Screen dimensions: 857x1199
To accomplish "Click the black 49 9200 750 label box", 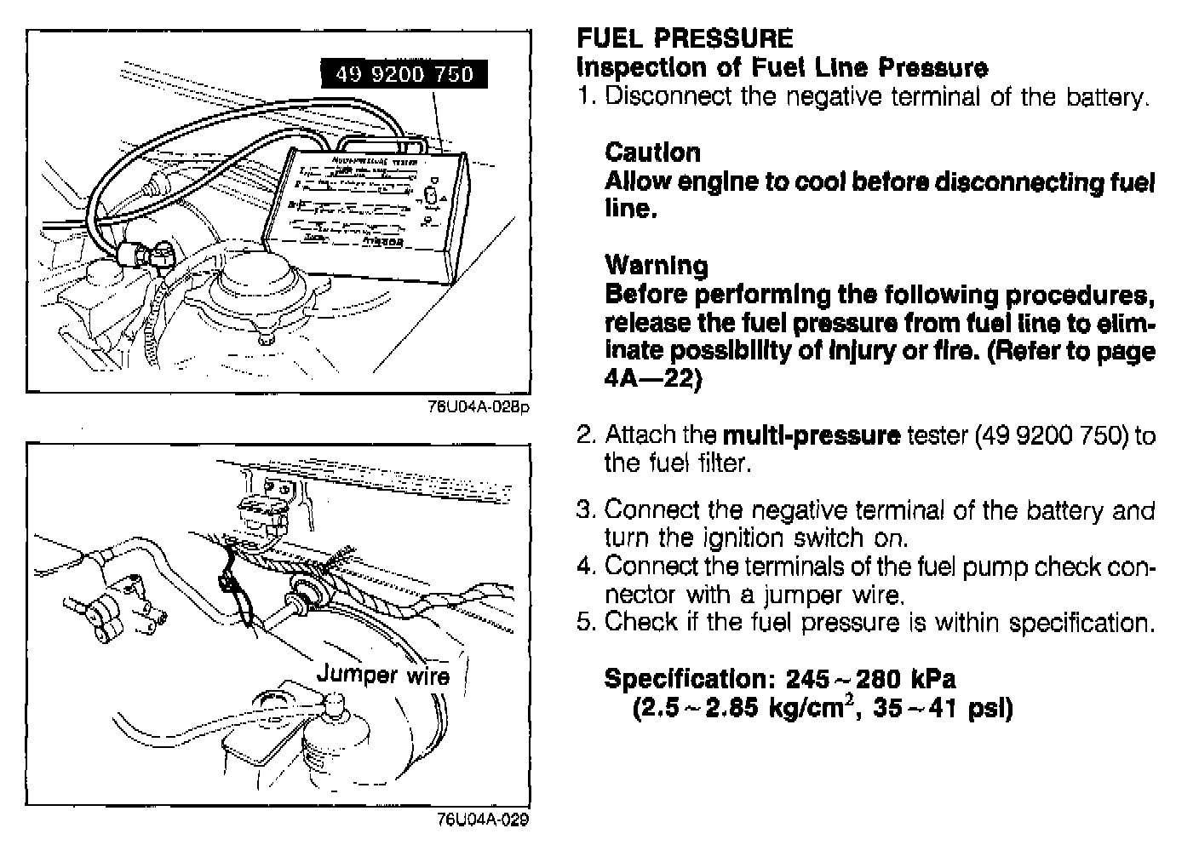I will tap(404, 75).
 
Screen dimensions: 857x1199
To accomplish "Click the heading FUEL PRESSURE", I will tap(685, 38).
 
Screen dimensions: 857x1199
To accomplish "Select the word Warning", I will tap(656, 266).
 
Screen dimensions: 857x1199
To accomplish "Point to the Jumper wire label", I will tap(382, 675).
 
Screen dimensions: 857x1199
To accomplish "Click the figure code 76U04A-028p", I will tap(479, 406).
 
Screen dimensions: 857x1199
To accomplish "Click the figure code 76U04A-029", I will tap(482, 820).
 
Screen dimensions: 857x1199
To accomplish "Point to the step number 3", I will tap(584, 510).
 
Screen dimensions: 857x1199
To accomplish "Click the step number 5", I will tap(584, 622).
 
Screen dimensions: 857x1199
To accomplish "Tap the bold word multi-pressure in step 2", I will tap(811, 435).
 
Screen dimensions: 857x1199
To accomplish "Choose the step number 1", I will tap(584, 96).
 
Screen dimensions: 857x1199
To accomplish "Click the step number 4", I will tap(584, 566).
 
